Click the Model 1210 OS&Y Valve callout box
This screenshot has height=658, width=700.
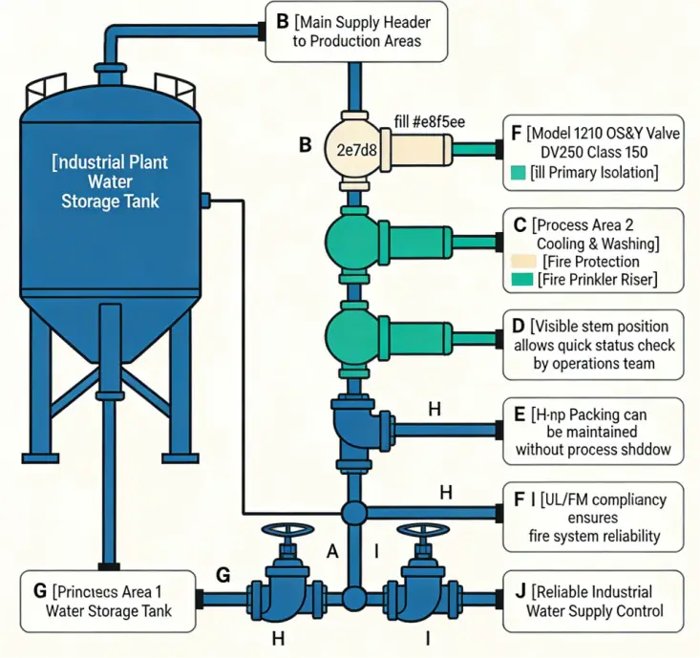tap(594, 151)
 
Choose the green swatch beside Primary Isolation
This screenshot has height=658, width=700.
tap(520, 173)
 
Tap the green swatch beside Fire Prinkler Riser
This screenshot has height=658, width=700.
tap(521, 280)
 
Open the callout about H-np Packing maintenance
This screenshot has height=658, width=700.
tap(594, 431)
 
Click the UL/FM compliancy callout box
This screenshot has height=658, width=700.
tap(594, 517)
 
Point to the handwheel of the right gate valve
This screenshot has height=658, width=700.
tap(420, 532)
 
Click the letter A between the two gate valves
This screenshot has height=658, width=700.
tap(332, 551)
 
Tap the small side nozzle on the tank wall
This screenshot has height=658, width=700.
tap(203, 200)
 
